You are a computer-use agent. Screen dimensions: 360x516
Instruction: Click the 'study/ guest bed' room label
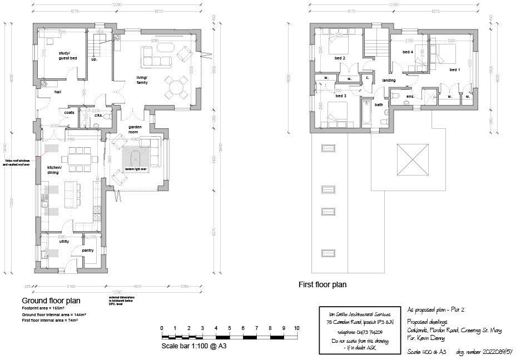68,56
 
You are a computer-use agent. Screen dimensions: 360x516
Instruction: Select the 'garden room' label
133,129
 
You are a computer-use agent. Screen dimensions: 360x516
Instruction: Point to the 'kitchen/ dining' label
53,170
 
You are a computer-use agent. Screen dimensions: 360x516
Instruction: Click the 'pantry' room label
87,250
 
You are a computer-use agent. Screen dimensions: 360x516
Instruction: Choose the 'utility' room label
64,242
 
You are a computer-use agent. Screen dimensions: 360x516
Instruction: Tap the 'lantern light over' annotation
135,169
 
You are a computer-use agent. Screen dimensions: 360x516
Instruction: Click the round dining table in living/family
176,86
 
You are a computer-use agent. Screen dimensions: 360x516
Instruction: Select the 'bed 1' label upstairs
455,70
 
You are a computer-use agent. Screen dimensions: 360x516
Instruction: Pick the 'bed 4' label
408,52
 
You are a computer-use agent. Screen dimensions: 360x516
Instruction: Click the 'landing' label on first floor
389,81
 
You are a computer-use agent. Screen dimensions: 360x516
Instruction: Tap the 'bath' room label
379,104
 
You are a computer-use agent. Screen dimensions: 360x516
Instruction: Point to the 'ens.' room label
410,97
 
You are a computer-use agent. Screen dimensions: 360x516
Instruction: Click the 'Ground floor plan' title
51,301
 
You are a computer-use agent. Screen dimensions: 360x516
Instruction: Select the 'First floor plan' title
322,284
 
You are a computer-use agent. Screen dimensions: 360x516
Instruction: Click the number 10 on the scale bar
296,328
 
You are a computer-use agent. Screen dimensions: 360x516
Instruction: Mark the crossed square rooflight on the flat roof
413,160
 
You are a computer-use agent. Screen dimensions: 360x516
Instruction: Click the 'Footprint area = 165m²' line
43,308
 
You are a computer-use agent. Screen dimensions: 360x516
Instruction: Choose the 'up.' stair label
94,59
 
